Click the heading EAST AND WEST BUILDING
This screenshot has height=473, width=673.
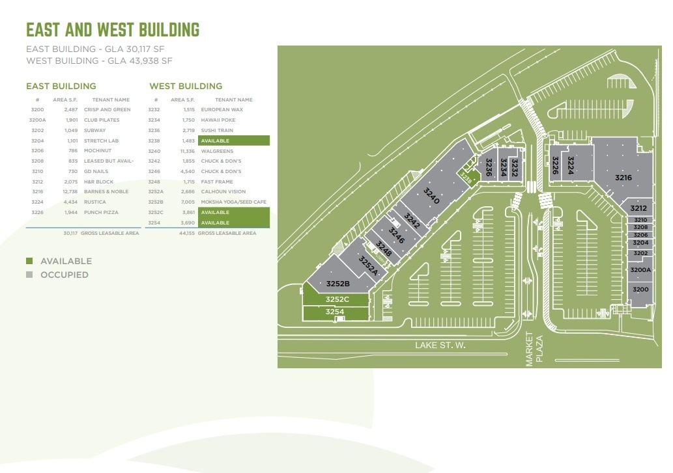point(112,30)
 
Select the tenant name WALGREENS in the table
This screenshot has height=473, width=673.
point(218,151)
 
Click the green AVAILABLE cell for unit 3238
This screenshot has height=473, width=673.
point(234,141)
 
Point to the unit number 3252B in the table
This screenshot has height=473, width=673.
point(156,202)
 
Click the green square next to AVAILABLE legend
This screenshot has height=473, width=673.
point(29,261)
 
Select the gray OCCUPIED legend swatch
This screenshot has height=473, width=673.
point(29,275)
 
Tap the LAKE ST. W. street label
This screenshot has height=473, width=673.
point(440,345)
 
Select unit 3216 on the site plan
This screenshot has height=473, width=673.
point(623,177)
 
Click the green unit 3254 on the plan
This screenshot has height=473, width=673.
point(335,312)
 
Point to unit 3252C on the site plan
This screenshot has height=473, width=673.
point(337,299)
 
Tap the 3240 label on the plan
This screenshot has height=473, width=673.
point(432,196)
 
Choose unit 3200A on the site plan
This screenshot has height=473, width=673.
point(640,270)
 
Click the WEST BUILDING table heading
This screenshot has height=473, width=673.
point(186,86)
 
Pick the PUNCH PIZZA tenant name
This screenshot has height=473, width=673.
point(102,213)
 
